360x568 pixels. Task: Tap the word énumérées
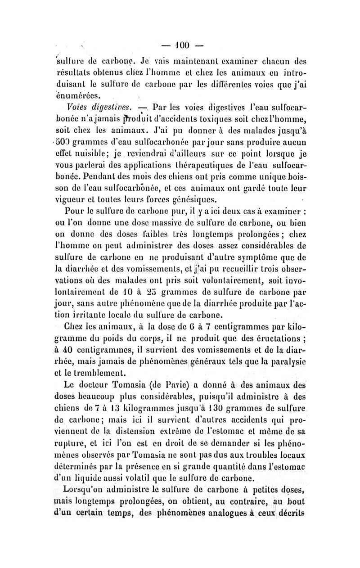90,95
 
